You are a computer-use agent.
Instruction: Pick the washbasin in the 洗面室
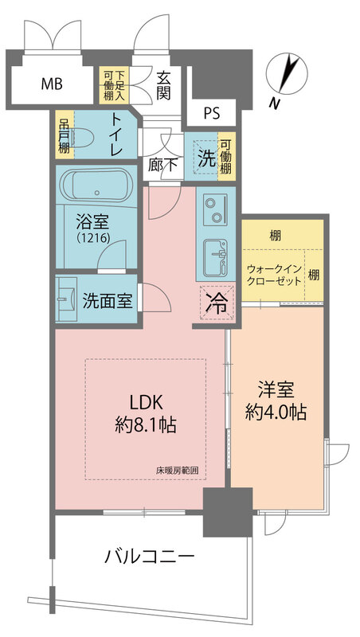(x=65, y=299)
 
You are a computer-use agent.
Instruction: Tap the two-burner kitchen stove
(x=213, y=210)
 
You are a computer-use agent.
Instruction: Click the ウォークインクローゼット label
(x=273, y=277)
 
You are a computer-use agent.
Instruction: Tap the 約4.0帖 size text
(x=276, y=412)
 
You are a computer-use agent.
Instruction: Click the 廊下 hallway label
(x=162, y=166)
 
